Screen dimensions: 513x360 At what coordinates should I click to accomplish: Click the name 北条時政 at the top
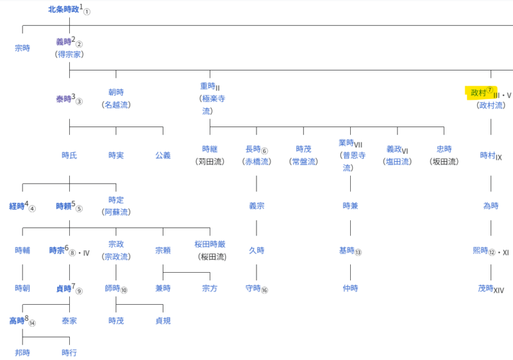(x=63, y=10)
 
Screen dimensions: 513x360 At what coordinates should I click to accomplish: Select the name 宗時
(x=22, y=48)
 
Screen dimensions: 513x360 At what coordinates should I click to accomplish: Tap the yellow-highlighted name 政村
(x=478, y=92)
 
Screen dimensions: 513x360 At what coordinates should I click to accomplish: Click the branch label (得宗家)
(x=69, y=55)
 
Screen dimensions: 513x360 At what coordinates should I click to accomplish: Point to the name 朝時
(x=116, y=92)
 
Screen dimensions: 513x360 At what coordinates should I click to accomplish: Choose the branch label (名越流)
(x=116, y=105)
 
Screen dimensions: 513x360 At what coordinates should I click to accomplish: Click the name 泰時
(x=63, y=99)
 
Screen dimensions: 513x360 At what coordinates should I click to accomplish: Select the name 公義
(x=163, y=155)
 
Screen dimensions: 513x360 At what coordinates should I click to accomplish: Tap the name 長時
(x=253, y=150)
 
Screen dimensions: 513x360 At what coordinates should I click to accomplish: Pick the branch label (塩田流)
(x=397, y=162)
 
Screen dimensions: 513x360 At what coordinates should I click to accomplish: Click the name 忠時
(x=444, y=150)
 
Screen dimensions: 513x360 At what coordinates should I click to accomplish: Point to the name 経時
(x=17, y=206)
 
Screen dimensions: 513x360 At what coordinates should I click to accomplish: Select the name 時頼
(x=63, y=206)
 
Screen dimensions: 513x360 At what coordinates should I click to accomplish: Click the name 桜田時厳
(x=210, y=244)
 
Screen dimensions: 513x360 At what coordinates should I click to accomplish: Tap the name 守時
(x=253, y=288)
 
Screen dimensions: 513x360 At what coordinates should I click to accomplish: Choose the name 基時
(x=347, y=251)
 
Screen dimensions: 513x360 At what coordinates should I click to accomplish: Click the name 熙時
(x=480, y=251)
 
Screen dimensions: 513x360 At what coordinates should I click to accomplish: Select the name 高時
(x=17, y=321)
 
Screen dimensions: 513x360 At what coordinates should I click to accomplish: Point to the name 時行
(x=69, y=353)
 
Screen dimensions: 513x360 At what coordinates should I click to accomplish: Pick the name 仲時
(x=350, y=288)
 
